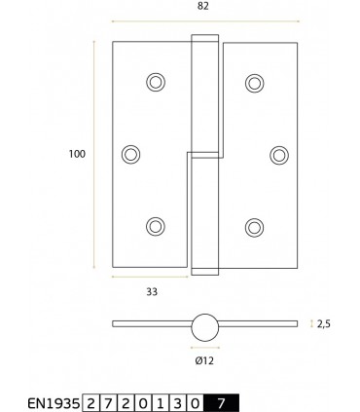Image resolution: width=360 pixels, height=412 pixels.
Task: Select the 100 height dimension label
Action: click(x=77, y=154)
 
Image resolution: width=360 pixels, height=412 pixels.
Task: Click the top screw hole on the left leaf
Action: click(x=155, y=82)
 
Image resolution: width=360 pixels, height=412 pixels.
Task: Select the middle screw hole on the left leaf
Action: click(x=130, y=153)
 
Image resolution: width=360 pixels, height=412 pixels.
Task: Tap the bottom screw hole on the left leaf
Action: click(x=155, y=226)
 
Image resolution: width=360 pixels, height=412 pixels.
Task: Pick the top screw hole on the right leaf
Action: click(x=255, y=82)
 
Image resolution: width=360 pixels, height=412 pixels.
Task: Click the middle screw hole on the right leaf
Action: click(x=278, y=153)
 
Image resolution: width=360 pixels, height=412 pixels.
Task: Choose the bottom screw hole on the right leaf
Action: click(x=255, y=226)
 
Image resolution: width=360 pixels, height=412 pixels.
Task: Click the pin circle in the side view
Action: click(x=204, y=328)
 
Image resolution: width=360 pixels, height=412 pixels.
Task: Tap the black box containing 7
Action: click(x=222, y=400)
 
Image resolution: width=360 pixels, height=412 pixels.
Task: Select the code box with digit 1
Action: click(x=153, y=400)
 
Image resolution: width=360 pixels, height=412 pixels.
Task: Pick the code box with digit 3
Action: click(x=169, y=400)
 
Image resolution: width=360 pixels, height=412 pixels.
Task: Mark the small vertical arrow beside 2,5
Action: click(x=311, y=323)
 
